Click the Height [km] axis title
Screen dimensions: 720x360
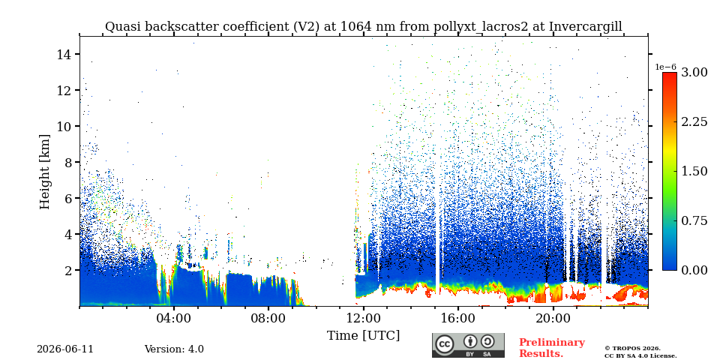(x=44, y=172)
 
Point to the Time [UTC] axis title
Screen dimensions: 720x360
(x=363, y=336)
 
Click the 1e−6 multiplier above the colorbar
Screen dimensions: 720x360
(x=666, y=67)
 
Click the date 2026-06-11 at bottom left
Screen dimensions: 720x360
(x=65, y=349)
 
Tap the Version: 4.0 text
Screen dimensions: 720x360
(x=174, y=349)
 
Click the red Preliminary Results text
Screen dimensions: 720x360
(x=552, y=348)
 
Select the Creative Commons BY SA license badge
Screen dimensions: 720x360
(x=468, y=345)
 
